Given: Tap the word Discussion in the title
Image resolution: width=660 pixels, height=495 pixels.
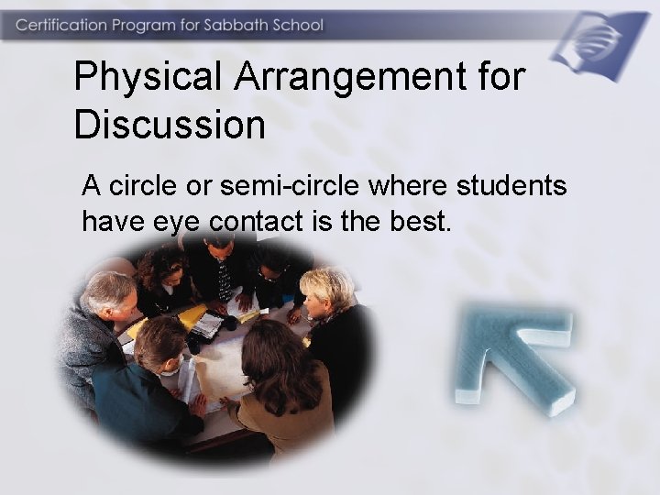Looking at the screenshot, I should point(170,124).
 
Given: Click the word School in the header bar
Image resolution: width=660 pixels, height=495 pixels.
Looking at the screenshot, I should point(292,25).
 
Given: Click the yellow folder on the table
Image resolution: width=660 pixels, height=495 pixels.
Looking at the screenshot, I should point(192,317).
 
